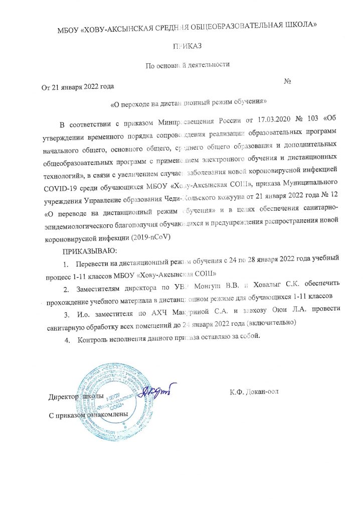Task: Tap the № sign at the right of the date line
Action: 288,81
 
